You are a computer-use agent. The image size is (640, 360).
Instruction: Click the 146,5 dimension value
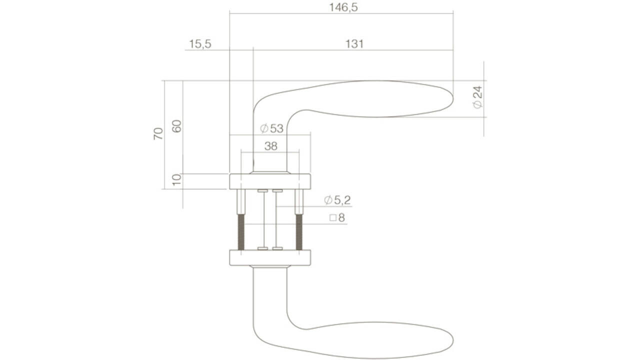pyautogui.click(x=343, y=7)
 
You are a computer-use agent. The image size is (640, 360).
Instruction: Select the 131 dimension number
pyautogui.click(x=354, y=44)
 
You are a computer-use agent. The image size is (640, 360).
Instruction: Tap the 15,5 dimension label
pyautogui.click(x=200, y=44)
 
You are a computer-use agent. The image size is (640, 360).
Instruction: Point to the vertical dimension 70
pyautogui.click(x=158, y=133)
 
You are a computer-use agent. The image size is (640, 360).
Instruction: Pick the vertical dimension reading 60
pyautogui.click(x=176, y=126)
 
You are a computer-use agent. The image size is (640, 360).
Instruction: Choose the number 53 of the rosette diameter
pyautogui.click(x=276, y=128)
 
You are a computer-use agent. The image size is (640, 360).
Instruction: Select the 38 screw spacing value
pyautogui.click(x=270, y=146)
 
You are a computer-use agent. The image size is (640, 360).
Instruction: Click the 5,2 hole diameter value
pyautogui.click(x=342, y=200)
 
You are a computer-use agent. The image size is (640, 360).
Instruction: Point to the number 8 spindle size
pyautogui.click(x=341, y=218)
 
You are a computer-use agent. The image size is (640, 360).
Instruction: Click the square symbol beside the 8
pyautogui.click(x=332, y=218)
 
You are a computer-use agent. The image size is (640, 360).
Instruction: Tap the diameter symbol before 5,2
pyautogui.click(x=328, y=200)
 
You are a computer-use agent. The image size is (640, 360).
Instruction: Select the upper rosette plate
pyautogui.click(x=270, y=181)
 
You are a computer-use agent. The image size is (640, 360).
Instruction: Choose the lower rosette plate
pyautogui.click(x=270, y=257)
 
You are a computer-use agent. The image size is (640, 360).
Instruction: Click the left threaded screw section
pyautogui.click(x=241, y=231)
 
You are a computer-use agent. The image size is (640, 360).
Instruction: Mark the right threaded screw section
pyautogui.click(x=299, y=231)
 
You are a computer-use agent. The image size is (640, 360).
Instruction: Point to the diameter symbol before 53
pyautogui.click(x=264, y=128)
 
